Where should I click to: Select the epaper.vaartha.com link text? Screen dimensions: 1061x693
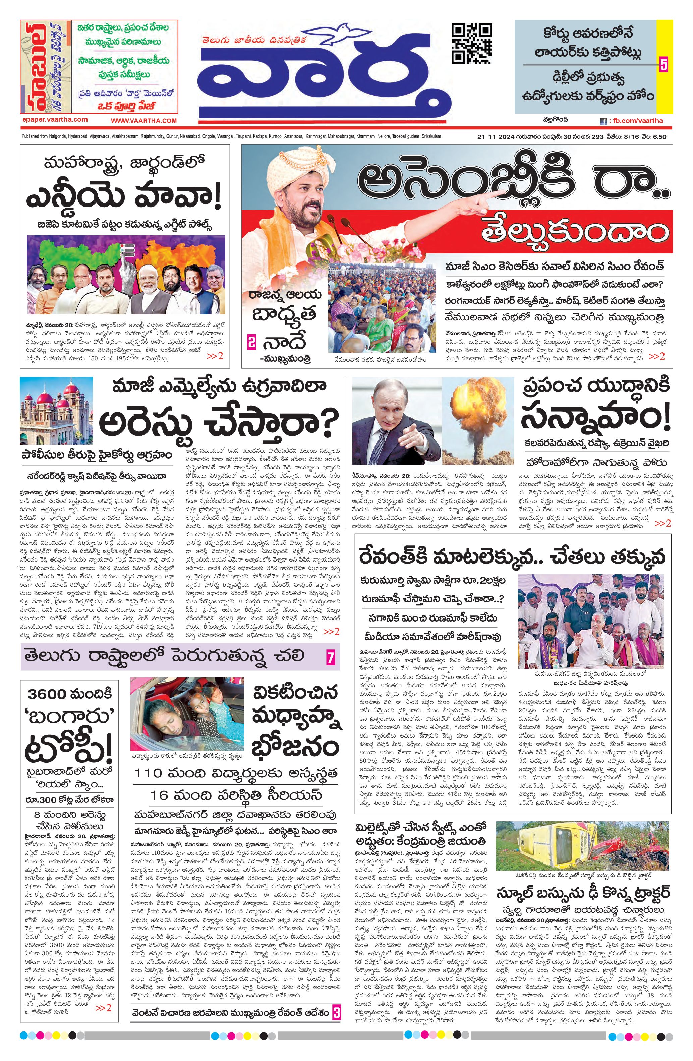(54, 119)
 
